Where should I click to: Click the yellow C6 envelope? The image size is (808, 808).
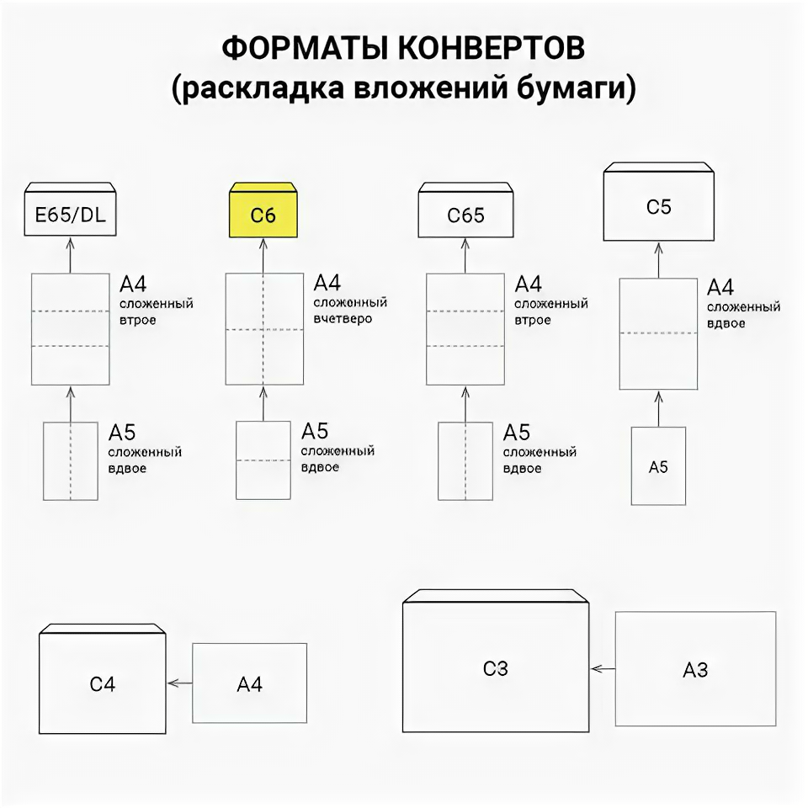pos(263,214)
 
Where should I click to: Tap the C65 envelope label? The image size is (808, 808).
pos(465,215)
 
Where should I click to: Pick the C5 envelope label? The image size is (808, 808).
pos(659,207)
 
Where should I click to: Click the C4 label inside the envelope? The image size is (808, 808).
pos(103,684)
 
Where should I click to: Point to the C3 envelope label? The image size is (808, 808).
pos(496,669)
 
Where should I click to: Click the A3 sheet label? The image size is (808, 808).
pos(695,671)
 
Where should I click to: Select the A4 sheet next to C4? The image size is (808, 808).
pos(249,684)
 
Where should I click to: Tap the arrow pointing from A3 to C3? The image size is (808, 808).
pos(603,669)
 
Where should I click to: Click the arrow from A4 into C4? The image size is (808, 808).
pos(179,683)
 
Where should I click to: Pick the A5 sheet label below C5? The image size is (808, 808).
pos(659,467)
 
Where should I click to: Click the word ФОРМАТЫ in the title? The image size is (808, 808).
pos(306,49)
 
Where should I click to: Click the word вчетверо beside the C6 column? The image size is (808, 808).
pos(343,319)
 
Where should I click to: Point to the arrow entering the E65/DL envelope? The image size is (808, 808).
pos(70,254)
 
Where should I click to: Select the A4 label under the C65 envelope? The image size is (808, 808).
pos(529,283)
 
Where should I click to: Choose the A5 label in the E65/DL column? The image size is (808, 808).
pos(122,433)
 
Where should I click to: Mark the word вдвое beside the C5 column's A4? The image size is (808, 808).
pos(726,323)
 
